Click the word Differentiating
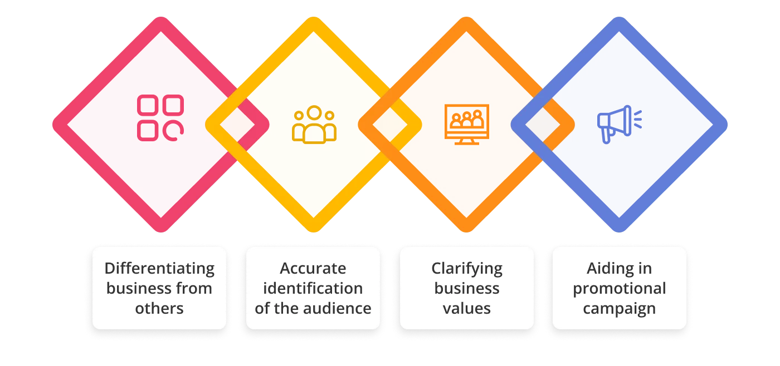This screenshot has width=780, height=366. click(x=159, y=269)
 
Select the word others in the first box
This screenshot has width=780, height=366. click(x=159, y=308)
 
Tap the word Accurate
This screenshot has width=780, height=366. click(x=313, y=269)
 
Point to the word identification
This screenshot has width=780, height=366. click(x=313, y=289)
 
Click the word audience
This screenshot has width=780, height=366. click(x=343, y=308)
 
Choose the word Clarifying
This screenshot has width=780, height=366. click(x=467, y=269)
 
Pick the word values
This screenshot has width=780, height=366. click(x=467, y=308)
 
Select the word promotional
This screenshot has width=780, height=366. click(x=619, y=289)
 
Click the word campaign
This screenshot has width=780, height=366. click(x=619, y=308)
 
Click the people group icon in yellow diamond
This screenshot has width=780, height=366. click(x=314, y=125)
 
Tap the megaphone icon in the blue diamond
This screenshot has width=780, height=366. click(x=620, y=123)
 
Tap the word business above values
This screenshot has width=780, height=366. click(x=467, y=289)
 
